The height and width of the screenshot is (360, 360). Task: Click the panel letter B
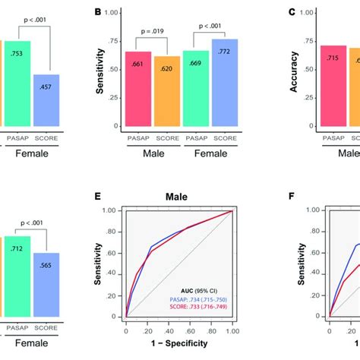click(97, 13)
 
